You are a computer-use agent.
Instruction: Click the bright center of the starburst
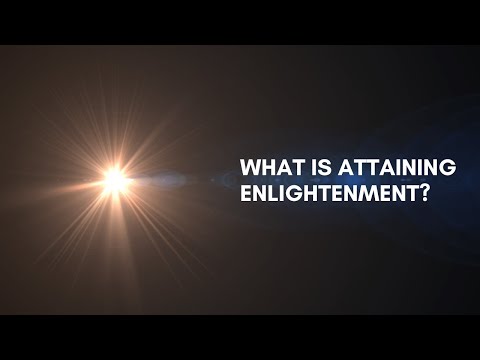click(114, 180)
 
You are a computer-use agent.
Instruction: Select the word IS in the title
click(311, 167)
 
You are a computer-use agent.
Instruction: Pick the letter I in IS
click(307, 167)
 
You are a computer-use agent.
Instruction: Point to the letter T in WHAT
click(294, 167)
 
